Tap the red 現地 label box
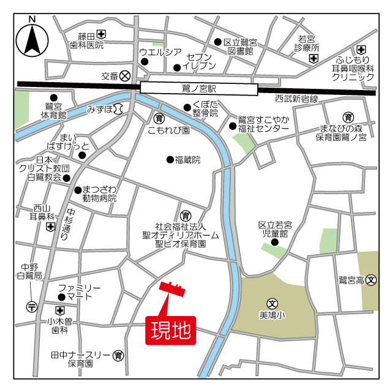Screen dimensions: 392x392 (170, 331)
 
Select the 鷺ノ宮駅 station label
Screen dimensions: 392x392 (199, 88)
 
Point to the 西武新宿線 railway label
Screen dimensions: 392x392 (296, 99)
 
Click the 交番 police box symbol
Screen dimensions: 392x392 (125, 76)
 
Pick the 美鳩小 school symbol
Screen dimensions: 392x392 (272, 303)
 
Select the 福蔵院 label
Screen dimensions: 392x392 (187, 160)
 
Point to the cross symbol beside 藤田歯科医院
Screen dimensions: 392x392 (101, 35)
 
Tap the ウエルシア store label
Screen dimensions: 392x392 (160, 51)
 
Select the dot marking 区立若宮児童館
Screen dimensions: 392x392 (274, 242)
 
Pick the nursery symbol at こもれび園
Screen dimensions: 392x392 (159, 118)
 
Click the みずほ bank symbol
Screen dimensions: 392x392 (118, 108)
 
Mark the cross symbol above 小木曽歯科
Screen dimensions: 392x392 (60, 310)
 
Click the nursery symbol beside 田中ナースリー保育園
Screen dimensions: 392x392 (119, 355)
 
